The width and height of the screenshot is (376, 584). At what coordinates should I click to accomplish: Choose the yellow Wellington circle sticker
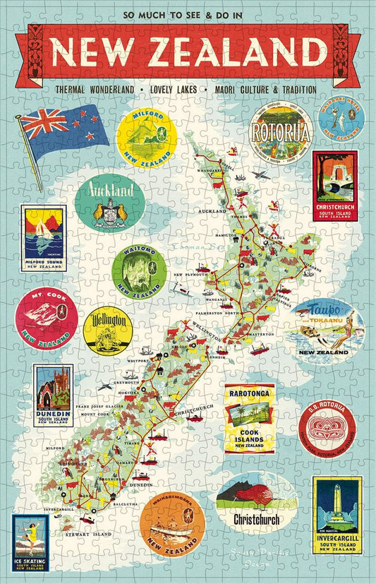pyautogui.click(x=108, y=329)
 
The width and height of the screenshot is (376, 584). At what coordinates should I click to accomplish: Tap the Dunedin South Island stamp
pyautogui.click(x=53, y=395)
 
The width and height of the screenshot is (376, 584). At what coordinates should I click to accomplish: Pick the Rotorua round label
pyautogui.click(x=281, y=132)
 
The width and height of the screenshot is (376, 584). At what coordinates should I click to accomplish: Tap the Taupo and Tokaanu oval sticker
pyautogui.click(x=325, y=330)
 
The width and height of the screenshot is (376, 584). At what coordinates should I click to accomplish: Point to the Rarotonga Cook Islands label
pyautogui.click(x=249, y=419)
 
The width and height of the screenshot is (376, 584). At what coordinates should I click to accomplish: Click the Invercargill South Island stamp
pyautogui.click(x=337, y=516)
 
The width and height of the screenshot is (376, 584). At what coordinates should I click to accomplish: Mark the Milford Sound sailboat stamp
pyautogui.click(x=44, y=239)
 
